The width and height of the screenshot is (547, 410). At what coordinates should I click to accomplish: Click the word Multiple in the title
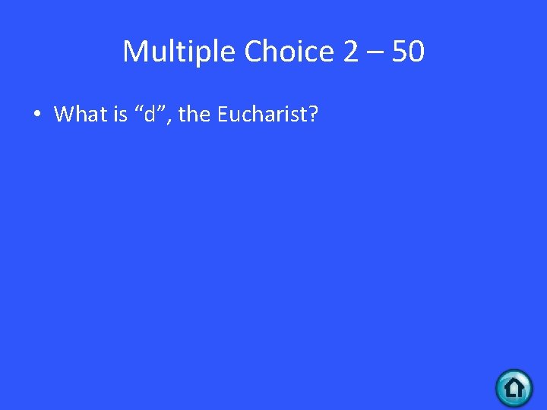[180, 52]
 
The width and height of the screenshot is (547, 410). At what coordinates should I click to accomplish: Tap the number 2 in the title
[351, 52]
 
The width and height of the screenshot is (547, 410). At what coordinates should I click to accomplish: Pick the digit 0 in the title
[416, 52]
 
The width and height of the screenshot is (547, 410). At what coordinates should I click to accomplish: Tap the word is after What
[120, 115]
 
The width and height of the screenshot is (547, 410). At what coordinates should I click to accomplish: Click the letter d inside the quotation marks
[149, 115]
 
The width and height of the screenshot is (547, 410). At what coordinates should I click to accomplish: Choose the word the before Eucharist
[193, 115]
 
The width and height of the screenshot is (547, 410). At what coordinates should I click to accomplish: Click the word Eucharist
[261, 115]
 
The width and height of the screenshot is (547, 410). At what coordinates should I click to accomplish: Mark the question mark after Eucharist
[313, 115]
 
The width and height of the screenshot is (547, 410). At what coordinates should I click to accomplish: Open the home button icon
[514, 388]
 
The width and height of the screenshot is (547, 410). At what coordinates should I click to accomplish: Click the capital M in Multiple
[134, 52]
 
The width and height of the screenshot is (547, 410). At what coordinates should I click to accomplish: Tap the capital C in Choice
[255, 52]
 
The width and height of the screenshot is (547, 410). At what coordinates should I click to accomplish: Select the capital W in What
[64, 115]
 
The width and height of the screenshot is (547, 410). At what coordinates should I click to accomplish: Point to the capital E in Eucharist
[222, 115]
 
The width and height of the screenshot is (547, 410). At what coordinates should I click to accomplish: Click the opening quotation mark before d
[138, 109]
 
